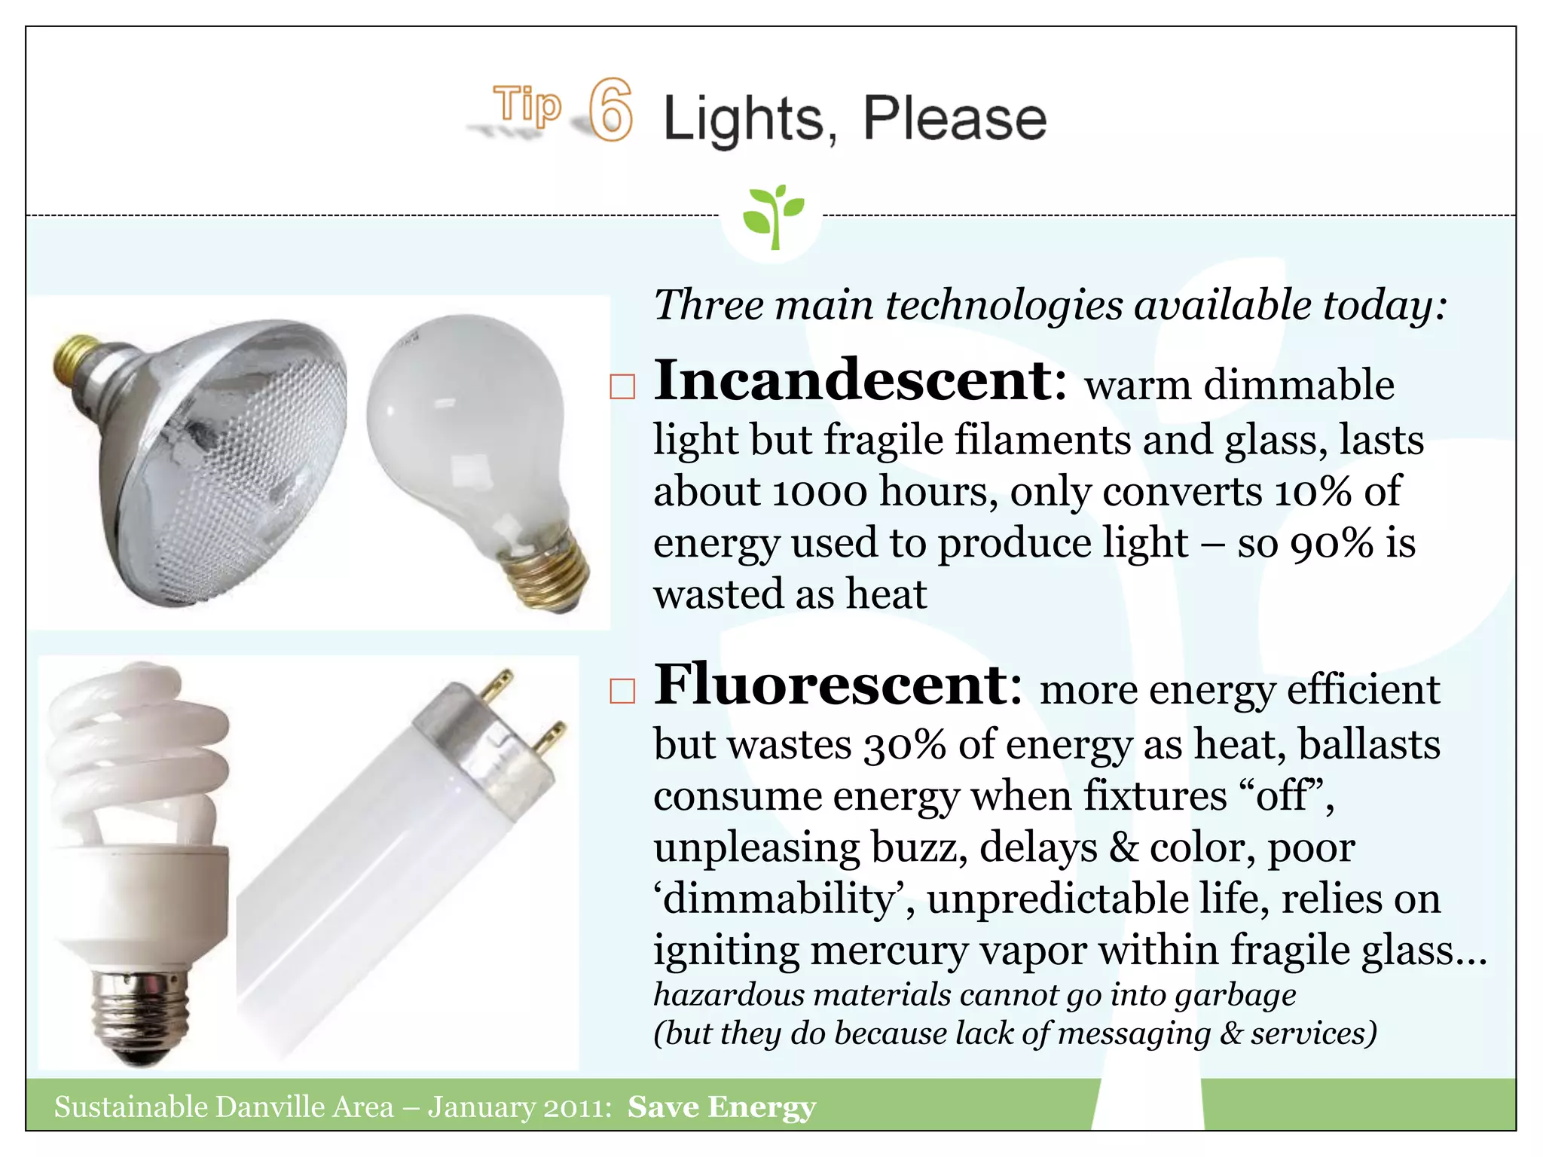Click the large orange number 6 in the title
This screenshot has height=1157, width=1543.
610,110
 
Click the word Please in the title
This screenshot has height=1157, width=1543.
955,119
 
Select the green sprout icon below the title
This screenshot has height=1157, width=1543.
773,215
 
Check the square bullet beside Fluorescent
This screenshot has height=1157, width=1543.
622,691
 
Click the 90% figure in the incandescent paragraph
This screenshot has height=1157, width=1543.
1331,544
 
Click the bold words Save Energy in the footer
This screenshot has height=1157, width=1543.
722,1107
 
